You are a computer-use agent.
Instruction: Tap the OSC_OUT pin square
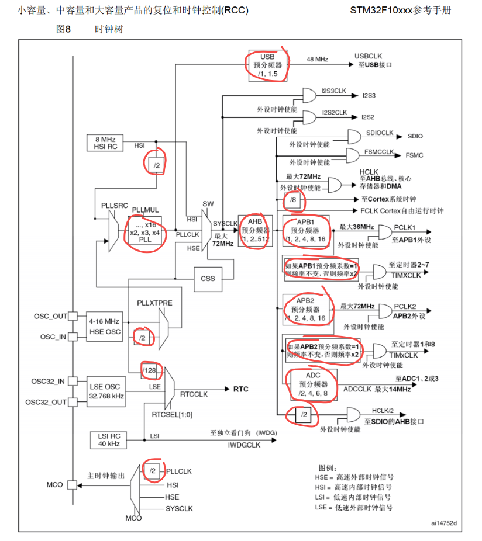pyautogui.click(x=73, y=316)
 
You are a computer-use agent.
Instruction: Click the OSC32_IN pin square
pyautogui.click(x=73, y=382)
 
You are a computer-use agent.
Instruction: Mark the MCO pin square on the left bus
pyautogui.click(x=72, y=485)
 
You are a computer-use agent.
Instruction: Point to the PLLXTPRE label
pyautogui.click(x=154, y=303)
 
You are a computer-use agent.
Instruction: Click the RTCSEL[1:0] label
pyautogui.click(x=172, y=415)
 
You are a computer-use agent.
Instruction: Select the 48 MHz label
pyautogui.click(x=317, y=60)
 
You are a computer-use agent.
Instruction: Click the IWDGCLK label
pyautogui.click(x=244, y=445)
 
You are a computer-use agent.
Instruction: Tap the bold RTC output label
pyautogui.click(x=241, y=389)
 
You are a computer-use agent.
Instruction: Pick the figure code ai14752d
pyautogui.click(x=444, y=523)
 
